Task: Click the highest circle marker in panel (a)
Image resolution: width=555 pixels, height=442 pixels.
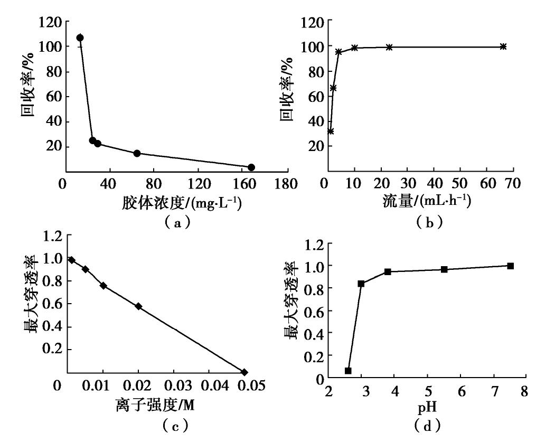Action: (80, 37)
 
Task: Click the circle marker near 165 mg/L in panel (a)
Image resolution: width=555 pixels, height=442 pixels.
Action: (251, 167)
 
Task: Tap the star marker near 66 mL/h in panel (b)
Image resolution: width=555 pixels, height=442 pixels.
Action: (503, 46)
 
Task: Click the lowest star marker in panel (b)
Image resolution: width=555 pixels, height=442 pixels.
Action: (331, 131)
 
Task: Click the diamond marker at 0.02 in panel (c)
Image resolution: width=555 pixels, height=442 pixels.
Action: (138, 306)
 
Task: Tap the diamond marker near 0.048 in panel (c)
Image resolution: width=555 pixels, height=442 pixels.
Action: (244, 372)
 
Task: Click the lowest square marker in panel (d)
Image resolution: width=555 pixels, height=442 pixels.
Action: (348, 371)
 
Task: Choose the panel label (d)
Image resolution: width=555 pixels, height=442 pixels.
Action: (427, 426)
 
